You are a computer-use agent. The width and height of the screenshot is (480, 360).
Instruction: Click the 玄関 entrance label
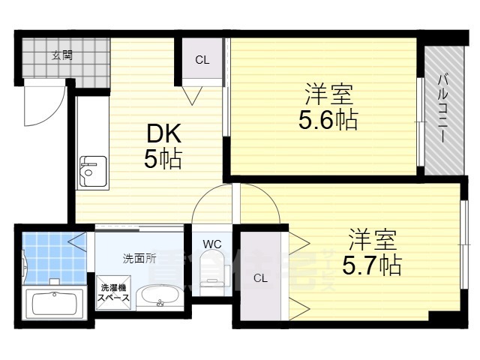[61, 55]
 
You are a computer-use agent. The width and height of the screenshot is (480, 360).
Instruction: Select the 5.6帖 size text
[328, 118]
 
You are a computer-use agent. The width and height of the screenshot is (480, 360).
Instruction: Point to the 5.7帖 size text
[371, 264]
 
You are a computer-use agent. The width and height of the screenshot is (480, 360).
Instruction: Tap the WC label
[211, 243]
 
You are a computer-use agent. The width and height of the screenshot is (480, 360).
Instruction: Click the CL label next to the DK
[202, 60]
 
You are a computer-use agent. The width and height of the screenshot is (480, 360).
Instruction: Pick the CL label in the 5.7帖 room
[259, 279]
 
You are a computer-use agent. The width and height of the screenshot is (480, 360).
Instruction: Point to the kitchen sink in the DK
[93, 172]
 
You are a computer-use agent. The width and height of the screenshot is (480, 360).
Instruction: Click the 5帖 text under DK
[163, 160]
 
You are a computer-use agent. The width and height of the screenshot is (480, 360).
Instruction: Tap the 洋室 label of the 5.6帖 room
[328, 94]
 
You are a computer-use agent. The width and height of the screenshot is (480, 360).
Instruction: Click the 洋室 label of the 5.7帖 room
[372, 240]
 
